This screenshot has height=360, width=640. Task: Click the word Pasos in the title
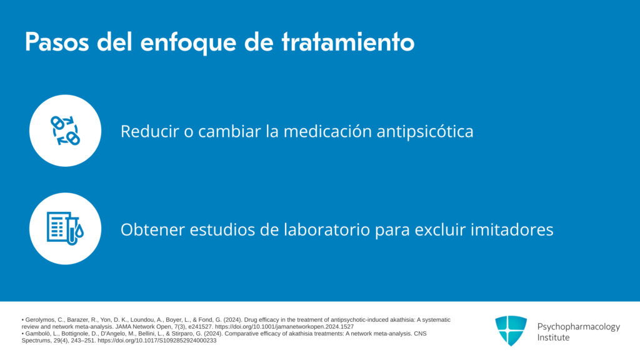[57, 42]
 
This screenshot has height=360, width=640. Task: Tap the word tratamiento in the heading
[348, 42]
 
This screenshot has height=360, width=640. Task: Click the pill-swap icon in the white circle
[65, 131]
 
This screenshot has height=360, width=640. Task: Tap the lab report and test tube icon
[65, 229]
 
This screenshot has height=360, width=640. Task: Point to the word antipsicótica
[425, 132]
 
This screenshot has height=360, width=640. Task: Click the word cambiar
[229, 131]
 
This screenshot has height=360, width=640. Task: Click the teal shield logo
[511, 331]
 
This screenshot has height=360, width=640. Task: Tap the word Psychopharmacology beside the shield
[578, 327]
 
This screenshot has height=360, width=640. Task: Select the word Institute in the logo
[553, 337]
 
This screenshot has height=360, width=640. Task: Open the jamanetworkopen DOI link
[284, 327]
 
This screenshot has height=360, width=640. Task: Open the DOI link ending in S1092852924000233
[157, 341]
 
